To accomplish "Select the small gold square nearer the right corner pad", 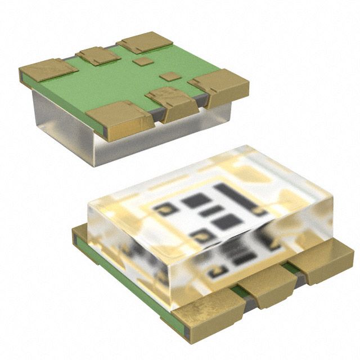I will coord(168,76).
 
